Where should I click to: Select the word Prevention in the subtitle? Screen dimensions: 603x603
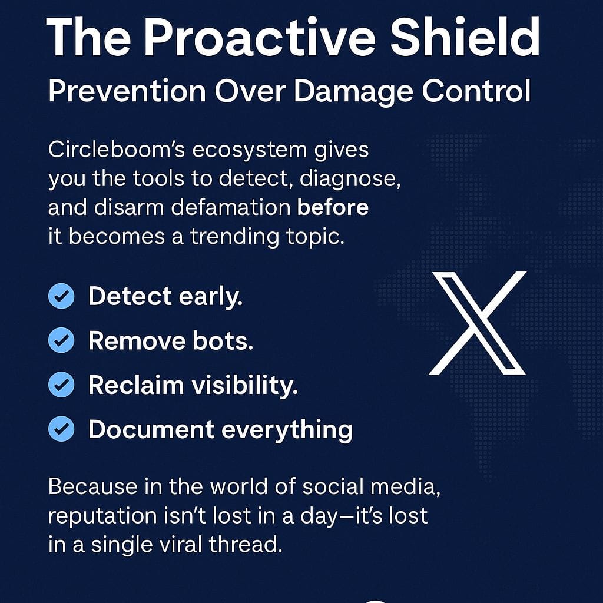(x=127, y=92)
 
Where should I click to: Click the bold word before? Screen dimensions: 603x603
(x=333, y=207)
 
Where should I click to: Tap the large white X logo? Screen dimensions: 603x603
(x=477, y=323)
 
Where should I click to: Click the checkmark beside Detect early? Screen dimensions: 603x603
(x=61, y=297)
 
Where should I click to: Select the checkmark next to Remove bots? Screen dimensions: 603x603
(x=61, y=340)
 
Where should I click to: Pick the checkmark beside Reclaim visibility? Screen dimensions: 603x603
(x=61, y=385)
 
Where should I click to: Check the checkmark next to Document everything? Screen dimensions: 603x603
(x=61, y=429)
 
